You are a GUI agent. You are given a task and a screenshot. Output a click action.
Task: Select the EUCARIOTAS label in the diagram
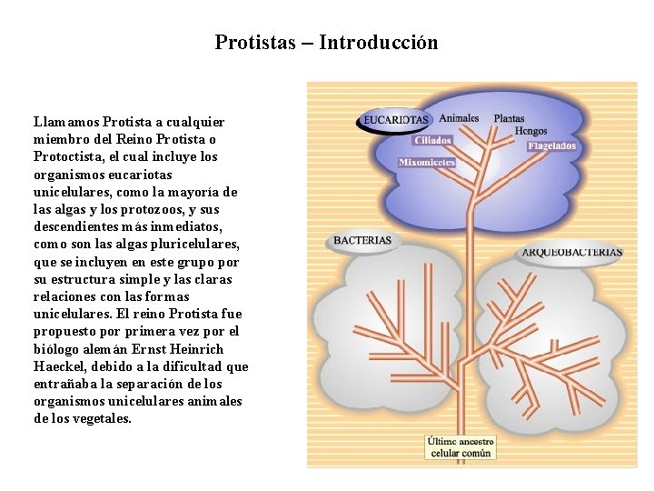[395, 119]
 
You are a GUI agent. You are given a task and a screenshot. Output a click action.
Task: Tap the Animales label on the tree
[459, 118]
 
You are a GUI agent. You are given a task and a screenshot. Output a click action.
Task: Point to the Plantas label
[509, 118]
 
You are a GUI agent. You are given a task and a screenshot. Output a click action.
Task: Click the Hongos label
[531, 131]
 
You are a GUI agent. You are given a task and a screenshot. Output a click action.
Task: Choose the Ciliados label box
[432, 141]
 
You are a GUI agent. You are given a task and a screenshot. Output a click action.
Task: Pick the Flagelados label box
[552, 145]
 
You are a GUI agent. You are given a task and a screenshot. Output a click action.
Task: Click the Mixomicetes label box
[427, 163]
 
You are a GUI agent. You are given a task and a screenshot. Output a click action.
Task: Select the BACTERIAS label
[362, 241]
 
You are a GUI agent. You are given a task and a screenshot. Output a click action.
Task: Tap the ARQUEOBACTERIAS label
[572, 252]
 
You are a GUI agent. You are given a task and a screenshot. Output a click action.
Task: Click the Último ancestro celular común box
[461, 446]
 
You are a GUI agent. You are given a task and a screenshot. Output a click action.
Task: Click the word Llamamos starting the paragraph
[66, 122]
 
